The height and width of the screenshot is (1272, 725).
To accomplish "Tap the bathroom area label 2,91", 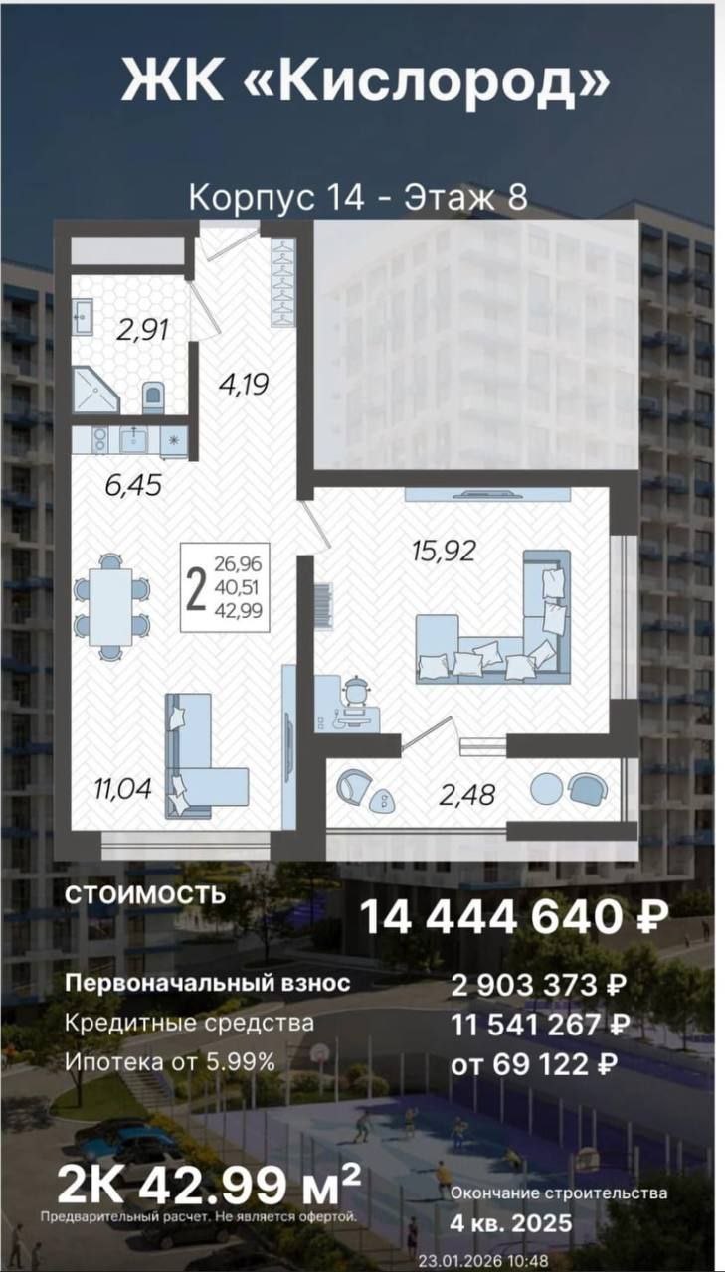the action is (x=142, y=330).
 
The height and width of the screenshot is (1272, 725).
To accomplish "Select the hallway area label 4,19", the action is (x=244, y=385).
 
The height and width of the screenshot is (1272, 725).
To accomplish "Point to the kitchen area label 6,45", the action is (x=134, y=486).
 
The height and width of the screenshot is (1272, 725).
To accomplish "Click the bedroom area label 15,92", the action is (x=445, y=551).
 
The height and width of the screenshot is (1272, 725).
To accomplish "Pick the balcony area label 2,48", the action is (x=467, y=794).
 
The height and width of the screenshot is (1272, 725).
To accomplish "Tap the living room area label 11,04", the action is (x=124, y=789).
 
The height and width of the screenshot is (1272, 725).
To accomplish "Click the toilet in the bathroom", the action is (x=153, y=397).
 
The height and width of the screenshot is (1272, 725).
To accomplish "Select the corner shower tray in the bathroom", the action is (x=96, y=389).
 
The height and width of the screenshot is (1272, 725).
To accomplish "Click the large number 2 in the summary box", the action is (x=196, y=588).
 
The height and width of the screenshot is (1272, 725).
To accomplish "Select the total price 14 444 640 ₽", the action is (x=514, y=917).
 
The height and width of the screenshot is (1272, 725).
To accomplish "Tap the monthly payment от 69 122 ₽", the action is (x=534, y=1063).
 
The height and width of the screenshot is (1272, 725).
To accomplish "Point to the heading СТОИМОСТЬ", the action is (x=145, y=895).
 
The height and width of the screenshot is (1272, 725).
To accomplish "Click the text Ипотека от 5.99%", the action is (x=170, y=1061).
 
